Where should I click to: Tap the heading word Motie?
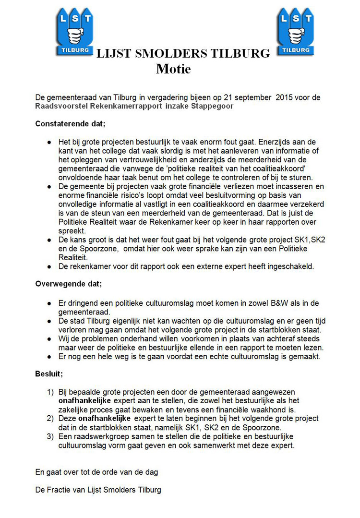pos(173,69)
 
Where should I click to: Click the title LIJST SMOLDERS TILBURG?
pos(183,54)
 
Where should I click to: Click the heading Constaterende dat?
pos(70,124)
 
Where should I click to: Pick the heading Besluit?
pos(49,373)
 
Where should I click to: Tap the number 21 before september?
pos(219,97)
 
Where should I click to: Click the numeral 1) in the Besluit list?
pos(50,392)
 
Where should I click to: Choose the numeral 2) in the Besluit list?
pos(50,419)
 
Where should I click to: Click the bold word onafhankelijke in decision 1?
pos(85,401)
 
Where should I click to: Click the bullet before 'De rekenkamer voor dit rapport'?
pos(49,266)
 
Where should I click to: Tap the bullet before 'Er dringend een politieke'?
pos(49,303)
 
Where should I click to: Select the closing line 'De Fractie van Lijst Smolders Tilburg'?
pos(98,490)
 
